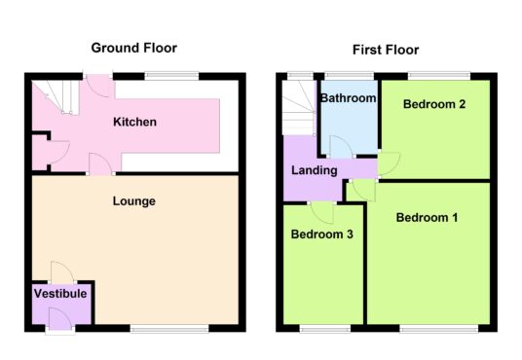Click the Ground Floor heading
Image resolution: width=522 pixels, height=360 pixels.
[133, 48]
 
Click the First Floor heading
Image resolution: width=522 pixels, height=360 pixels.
[386, 50]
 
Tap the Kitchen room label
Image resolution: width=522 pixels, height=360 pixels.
[134, 122]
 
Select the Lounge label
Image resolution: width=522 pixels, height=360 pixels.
[134, 201]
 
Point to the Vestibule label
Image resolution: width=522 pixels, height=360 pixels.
[60, 294]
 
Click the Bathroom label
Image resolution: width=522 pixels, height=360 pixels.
[349, 98]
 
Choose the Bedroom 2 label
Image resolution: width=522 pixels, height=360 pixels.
[434, 104]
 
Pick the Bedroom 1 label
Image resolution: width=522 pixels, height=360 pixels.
[427, 218]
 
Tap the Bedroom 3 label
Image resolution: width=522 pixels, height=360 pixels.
[322, 234]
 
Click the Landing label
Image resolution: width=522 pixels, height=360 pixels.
[315, 170]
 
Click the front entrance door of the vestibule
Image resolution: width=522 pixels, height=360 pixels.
[60, 319]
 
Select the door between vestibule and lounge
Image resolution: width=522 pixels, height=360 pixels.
[62, 272]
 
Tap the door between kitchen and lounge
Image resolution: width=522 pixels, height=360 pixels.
[100, 163]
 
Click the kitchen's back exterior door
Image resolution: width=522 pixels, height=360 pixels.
[98, 86]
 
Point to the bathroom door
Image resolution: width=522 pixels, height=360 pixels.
[341, 146]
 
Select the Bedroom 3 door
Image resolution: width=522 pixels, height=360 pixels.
[321, 213]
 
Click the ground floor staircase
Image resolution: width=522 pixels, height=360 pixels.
[56, 97]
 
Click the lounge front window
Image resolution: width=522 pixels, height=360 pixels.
[169, 330]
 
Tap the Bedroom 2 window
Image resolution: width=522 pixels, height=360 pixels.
[439, 76]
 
